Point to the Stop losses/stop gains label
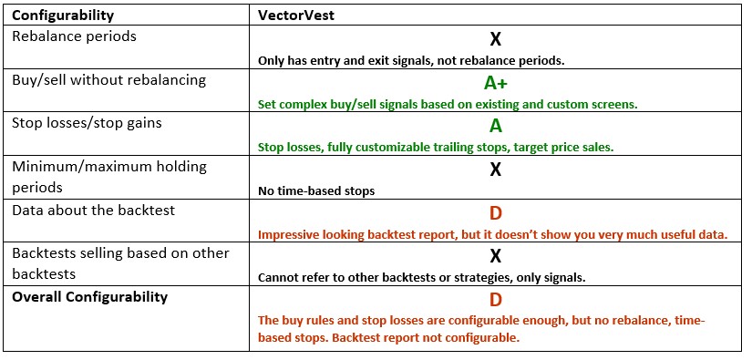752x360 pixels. tap(88, 123)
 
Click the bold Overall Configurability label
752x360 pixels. tap(89, 297)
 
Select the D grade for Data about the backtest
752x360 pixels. tap(496, 214)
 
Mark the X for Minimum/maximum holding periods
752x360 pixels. tap(496, 170)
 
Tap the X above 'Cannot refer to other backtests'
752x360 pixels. tap(496, 257)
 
